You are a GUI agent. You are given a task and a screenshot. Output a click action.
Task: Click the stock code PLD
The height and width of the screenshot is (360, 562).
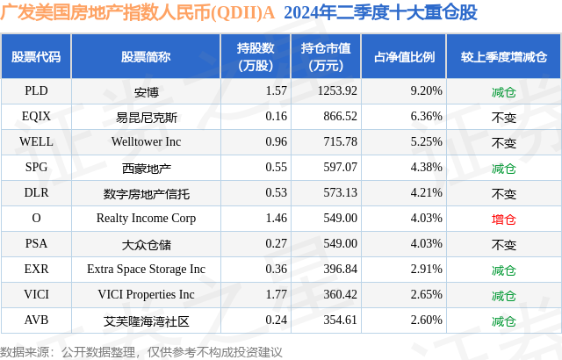click(37, 90)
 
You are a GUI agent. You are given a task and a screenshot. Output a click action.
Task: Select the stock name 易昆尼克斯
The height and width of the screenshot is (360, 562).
click(146, 116)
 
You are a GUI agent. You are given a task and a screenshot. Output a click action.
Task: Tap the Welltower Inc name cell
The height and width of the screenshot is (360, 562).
click(146, 141)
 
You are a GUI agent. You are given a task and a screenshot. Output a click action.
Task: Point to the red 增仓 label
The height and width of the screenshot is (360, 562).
click(503, 219)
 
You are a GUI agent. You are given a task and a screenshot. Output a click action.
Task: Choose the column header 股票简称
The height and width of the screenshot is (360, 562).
click(146, 57)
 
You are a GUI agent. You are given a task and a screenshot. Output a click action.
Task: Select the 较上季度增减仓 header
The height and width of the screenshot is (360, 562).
click(503, 57)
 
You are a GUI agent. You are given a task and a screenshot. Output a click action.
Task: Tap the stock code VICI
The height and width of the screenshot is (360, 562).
click(37, 295)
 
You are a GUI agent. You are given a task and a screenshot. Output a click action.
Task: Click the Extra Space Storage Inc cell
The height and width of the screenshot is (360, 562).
click(146, 270)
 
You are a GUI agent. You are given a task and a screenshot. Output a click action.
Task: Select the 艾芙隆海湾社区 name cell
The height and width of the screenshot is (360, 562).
click(146, 320)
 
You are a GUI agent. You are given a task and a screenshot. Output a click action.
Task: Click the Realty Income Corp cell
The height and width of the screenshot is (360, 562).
click(146, 219)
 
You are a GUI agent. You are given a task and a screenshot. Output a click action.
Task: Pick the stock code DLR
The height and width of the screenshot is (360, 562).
click(37, 192)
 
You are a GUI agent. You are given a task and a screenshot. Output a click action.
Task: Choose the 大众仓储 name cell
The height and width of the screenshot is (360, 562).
click(146, 244)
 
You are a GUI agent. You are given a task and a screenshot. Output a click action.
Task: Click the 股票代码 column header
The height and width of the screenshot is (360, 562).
click(37, 57)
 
